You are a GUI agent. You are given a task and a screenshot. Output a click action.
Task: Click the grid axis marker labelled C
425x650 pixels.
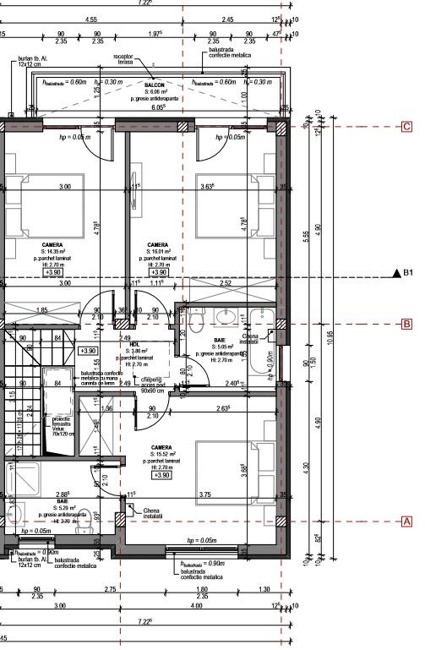[x=406, y=127]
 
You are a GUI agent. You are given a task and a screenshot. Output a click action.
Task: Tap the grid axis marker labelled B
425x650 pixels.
[x=406, y=324]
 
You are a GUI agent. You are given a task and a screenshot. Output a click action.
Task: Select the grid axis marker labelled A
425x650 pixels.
[x=406, y=522]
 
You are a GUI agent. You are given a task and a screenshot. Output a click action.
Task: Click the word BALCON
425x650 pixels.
[x=154, y=85]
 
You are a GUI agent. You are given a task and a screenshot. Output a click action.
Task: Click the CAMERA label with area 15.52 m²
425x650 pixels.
[x=162, y=448]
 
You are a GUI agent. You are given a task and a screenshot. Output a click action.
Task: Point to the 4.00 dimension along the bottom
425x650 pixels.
[x=196, y=606]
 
